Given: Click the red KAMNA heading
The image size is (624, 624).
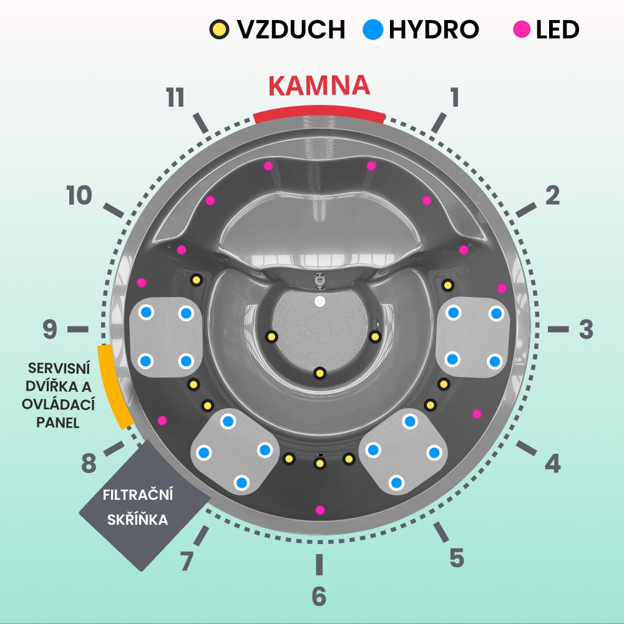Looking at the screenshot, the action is coord(319,85).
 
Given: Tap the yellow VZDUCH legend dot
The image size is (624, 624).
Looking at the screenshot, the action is coord(219,29).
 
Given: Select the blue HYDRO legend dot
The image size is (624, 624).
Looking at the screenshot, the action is coord(373,29).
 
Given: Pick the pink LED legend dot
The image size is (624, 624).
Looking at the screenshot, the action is coord(522,29).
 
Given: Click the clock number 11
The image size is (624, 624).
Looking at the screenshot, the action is coord(175,98).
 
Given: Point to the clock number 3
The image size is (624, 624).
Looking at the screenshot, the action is coord(586,329).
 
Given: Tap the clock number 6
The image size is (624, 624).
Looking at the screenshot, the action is coord(319,596).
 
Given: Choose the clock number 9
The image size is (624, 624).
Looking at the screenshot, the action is coord(50,329).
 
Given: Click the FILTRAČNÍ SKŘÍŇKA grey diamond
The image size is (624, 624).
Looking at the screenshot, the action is coord(145,505).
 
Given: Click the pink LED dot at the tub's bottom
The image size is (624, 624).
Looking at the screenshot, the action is coord(319,510).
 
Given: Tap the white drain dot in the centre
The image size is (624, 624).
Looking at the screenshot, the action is coord(319,301).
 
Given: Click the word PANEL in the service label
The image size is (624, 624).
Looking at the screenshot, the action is coord(58,422).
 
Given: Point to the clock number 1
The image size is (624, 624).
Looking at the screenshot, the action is coord(454,98).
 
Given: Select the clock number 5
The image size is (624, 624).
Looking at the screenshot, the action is coord(457,558).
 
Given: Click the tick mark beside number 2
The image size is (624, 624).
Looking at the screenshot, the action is coord(526,210).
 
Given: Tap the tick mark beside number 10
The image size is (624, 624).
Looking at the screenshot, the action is coord(114,210).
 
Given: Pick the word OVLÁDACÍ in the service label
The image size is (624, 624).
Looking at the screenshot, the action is coord(58,405).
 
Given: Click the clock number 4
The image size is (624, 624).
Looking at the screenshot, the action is coord(552,463).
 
